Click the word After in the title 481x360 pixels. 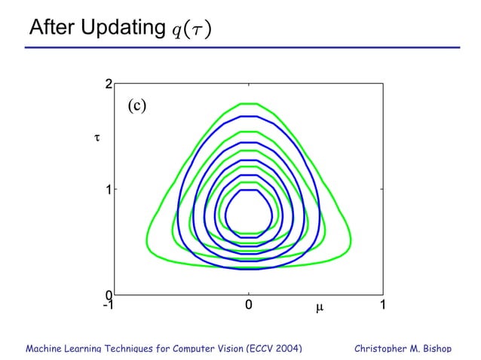(51, 28)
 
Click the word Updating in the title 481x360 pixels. (120, 28)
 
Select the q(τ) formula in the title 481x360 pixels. (191, 29)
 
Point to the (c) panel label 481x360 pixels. (136, 105)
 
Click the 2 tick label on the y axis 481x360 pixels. (109, 84)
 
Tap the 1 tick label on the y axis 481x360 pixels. (109, 190)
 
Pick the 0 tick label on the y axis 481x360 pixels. (109, 294)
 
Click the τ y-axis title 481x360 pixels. (96, 138)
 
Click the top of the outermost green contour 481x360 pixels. (249, 103)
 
